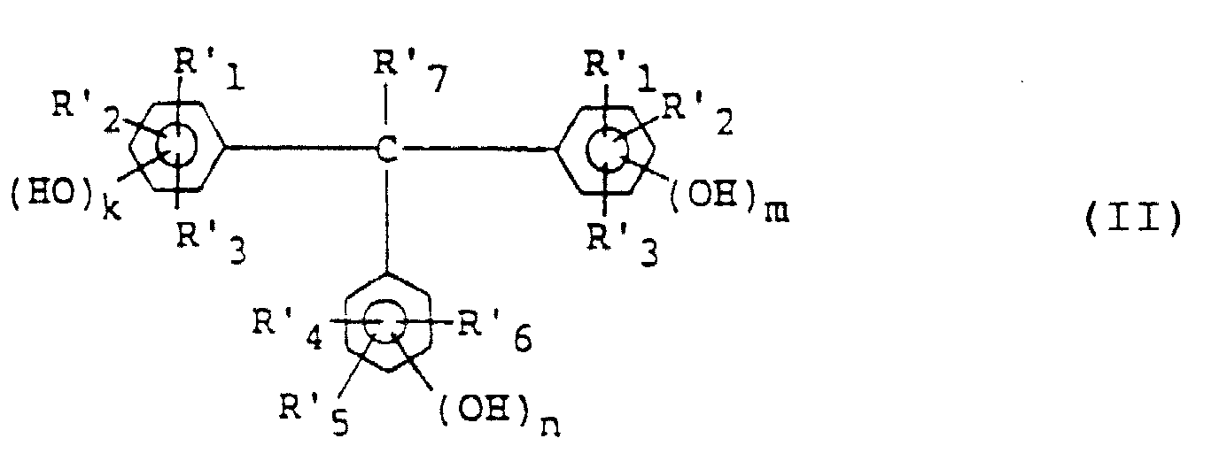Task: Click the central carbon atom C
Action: tap(385, 150)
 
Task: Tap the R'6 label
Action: tap(494, 337)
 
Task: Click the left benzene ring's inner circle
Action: tap(177, 145)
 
